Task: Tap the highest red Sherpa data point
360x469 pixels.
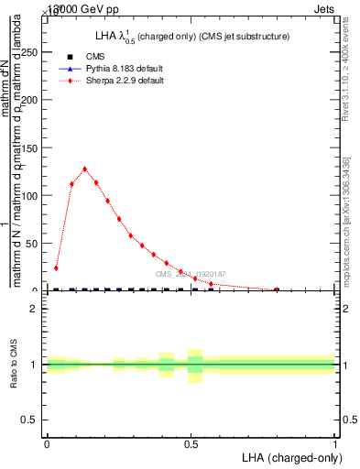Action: pyautogui.click(x=84, y=169)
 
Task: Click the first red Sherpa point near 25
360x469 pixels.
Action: pyautogui.click(x=56, y=268)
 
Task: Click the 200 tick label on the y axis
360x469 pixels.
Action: pyautogui.click(x=30, y=100)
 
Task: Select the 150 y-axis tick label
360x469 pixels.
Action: pyautogui.click(x=30, y=147)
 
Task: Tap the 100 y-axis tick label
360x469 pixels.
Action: pyautogui.click(x=30, y=195)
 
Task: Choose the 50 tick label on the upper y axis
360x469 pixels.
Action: pyautogui.click(x=33, y=243)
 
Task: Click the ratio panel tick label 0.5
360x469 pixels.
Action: pyautogui.click(x=29, y=420)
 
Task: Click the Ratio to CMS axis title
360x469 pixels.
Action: pyautogui.click(x=14, y=365)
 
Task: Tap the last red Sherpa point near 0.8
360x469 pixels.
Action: pyautogui.click(x=277, y=289)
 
